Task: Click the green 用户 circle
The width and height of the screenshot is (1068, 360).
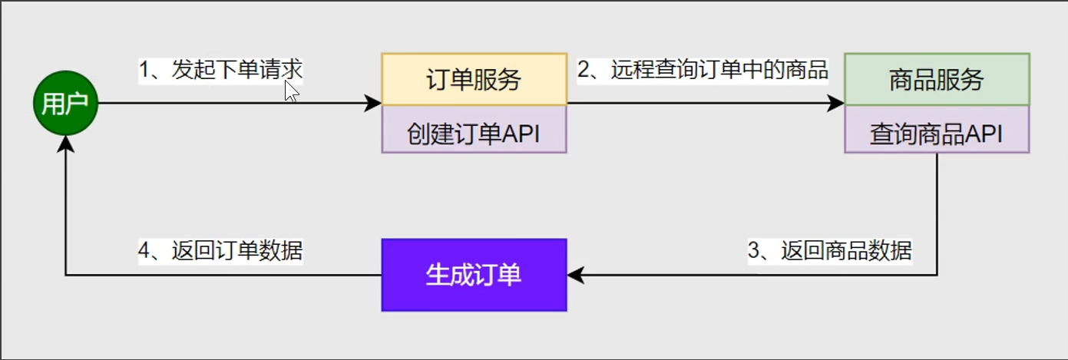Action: coord(65,104)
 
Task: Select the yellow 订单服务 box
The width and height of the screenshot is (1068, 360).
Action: coord(474,78)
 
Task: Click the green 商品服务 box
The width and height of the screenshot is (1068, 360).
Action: coord(937,78)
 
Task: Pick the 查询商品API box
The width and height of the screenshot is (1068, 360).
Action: coord(937,134)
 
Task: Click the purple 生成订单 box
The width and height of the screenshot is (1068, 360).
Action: coord(474,275)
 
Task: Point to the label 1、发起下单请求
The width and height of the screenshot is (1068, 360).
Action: coord(220,70)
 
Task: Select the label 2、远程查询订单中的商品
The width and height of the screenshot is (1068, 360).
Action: coord(703,70)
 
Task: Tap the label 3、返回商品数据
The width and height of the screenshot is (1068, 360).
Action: coord(830,250)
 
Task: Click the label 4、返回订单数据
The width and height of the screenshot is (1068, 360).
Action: coord(220,250)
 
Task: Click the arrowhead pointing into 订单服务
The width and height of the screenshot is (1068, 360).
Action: coord(373,103)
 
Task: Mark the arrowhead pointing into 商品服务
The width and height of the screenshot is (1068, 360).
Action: coord(836,103)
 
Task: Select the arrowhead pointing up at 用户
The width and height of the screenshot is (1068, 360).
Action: coord(66,144)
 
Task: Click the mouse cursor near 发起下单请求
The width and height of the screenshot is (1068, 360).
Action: coord(290,91)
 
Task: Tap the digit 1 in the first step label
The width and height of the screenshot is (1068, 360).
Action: coord(144,70)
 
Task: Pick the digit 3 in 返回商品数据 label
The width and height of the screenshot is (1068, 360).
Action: coord(755,250)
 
